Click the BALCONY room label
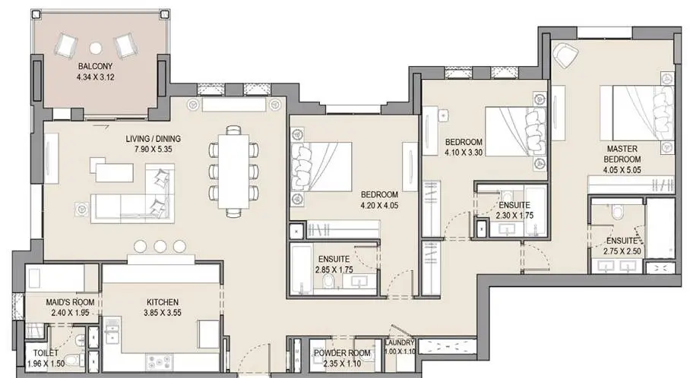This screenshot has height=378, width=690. (x=96, y=66)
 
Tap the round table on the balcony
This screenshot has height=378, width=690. (x=96, y=48)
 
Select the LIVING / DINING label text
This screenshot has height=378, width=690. (x=154, y=139)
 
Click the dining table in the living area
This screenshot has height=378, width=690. (x=233, y=172)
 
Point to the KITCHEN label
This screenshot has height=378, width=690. (x=163, y=302)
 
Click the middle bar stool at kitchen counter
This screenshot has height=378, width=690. (x=160, y=246)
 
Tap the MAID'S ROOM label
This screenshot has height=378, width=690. (x=70, y=302)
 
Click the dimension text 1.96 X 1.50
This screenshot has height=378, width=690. (x=46, y=364)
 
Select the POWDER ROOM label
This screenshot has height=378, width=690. (x=342, y=353)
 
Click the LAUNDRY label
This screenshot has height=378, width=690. (x=400, y=343)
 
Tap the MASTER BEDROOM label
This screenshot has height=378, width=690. (x=622, y=154)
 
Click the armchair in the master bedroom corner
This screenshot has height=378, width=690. (x=565, y=55)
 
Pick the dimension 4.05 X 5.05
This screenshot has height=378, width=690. (x=622, y=170)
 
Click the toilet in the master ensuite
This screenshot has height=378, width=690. (x=617, y=212)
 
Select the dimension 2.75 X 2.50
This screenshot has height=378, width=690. (x=622, y=252)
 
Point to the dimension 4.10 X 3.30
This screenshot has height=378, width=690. (x=464, y=153)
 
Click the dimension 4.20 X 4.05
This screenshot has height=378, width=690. (x=379, y=205)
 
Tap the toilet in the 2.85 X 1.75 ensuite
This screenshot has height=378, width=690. (x=328, y=282)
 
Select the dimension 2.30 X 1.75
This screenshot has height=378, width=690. (x=514, y=216)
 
